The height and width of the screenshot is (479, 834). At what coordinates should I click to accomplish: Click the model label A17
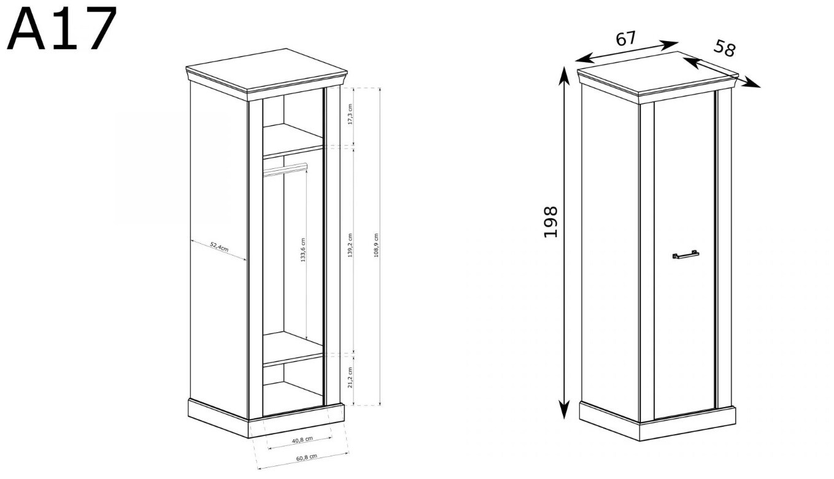[x=62, y=28]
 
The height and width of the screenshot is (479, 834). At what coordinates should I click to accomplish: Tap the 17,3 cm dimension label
[x=350, y=114]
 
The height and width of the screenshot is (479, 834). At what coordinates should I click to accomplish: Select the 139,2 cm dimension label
[x=350, y=246]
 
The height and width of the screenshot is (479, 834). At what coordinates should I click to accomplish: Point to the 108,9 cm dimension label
[x=376, y=246]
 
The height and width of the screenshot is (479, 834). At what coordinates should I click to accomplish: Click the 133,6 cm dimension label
[x=303, y=250]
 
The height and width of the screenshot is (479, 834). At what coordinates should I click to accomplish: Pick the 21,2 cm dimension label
[x=350, y=377]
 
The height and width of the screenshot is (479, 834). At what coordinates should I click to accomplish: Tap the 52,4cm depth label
[x=219, y=247]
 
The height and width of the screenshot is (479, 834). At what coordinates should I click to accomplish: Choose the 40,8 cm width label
[x=303, y=440]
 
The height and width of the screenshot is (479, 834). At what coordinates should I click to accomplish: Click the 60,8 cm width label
[x=307, y=457]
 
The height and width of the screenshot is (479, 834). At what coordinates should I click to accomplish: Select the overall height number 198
[x=550, y=222]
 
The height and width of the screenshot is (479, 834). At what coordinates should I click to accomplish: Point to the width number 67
[x=625, y=39]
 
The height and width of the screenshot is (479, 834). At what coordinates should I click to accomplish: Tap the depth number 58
[x=724, y=49]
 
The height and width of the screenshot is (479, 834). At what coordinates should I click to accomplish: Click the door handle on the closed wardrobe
[x=685, y=254]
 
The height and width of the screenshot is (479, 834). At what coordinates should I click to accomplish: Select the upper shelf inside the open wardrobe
[x=293, y=141]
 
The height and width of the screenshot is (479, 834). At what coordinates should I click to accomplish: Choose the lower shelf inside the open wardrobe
[x=293, y=348]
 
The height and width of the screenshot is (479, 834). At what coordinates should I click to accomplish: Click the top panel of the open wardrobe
[x=266, y=69]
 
